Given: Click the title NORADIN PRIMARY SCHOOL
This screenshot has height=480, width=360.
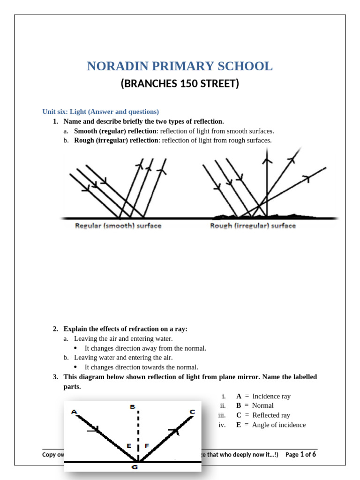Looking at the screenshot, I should coord(180,66).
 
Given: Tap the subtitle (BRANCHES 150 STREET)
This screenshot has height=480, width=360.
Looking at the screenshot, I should coord(180,84).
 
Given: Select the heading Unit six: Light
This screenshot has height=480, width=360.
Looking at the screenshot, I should coord(101,112).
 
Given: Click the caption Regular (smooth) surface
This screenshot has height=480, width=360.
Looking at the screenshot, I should coord(118,226).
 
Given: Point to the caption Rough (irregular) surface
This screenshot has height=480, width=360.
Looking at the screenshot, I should coord(253,226).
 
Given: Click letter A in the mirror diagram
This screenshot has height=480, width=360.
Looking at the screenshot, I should coord(74,412).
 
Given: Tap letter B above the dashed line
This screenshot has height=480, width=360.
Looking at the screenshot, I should coord(133,407).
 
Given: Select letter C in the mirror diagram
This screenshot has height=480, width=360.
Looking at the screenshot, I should coord(192,412).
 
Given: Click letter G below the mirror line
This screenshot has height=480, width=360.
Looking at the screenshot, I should coord(135,467).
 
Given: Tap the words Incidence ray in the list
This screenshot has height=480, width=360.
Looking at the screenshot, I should coord(271,396).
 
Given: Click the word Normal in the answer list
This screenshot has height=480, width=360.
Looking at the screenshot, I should coord(262,405).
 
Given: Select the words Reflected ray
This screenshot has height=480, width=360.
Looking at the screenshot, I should coord(271,415).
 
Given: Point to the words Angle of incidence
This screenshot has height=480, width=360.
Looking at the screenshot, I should coord(278,425).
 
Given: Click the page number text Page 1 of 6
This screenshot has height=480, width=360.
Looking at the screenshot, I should coord(300,454).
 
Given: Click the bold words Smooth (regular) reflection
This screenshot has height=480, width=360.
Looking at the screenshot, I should coord(115,131).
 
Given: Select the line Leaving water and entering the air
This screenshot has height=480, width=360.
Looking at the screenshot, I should coord(123,358).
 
